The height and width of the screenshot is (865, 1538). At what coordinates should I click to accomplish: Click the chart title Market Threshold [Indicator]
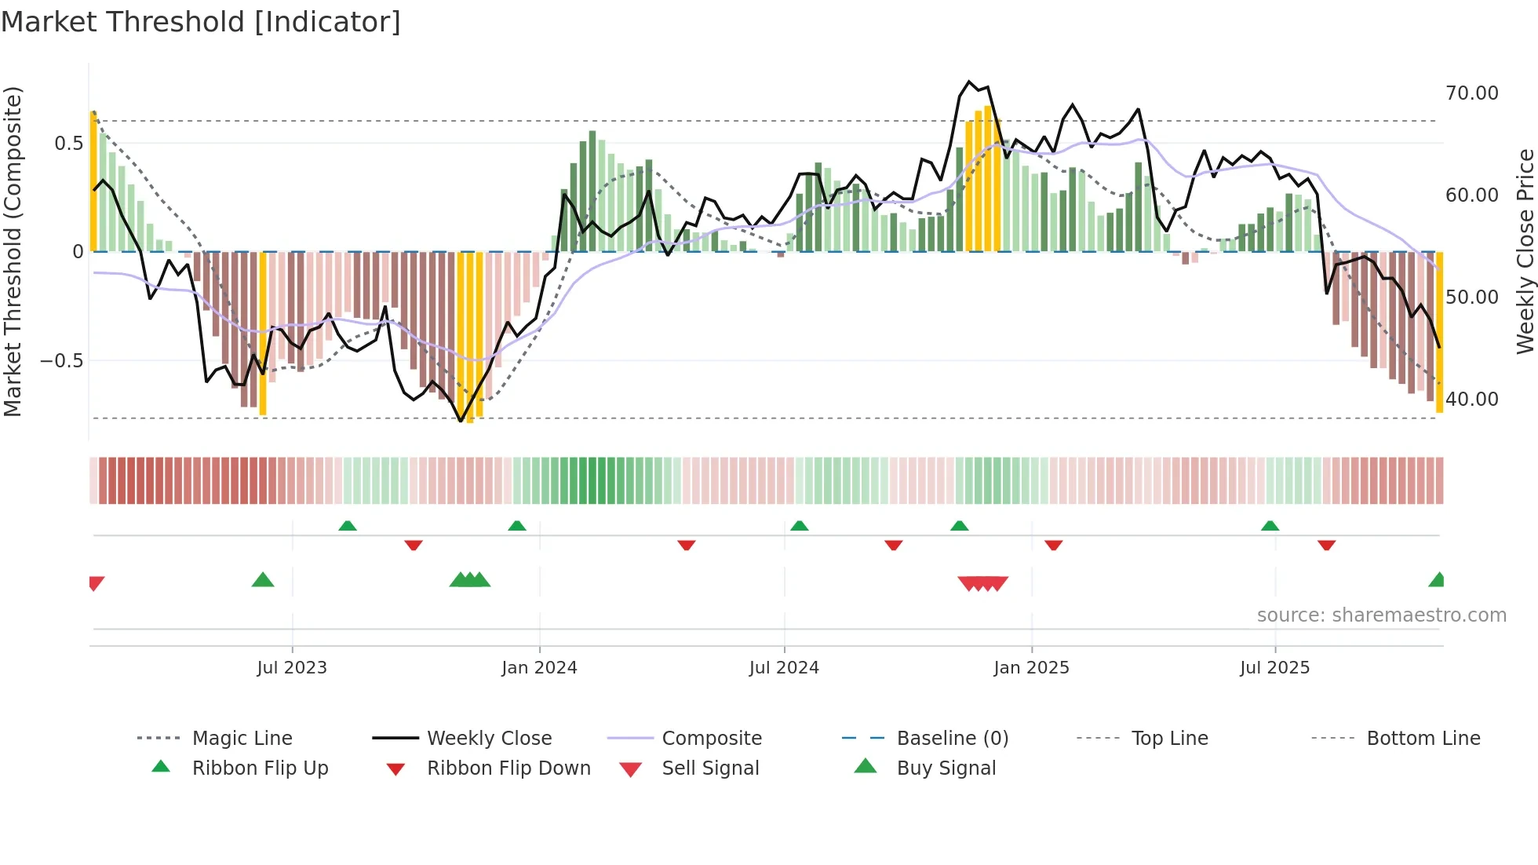click(x=201, y=22)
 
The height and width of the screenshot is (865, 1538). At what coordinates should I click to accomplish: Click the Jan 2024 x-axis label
click(x=539, y=668)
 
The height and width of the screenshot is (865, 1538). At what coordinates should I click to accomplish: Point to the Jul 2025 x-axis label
click(x=1274, y=668)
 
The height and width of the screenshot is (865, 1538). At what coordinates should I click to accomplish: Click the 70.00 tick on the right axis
click(x=1471, y=93)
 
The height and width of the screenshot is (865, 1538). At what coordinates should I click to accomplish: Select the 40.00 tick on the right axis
click(x=1471, y=400)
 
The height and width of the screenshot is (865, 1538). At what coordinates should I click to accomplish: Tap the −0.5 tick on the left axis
click(x=61, y=361)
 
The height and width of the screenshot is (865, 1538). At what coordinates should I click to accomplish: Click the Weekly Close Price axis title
click(x=1525, y=251)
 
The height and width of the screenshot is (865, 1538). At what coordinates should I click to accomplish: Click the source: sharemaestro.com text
click(x=1381, y=615)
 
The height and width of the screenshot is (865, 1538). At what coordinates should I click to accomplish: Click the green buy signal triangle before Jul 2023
click(x=263, y=581)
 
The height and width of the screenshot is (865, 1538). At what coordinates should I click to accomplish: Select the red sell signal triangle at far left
click(x=96, y=583)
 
